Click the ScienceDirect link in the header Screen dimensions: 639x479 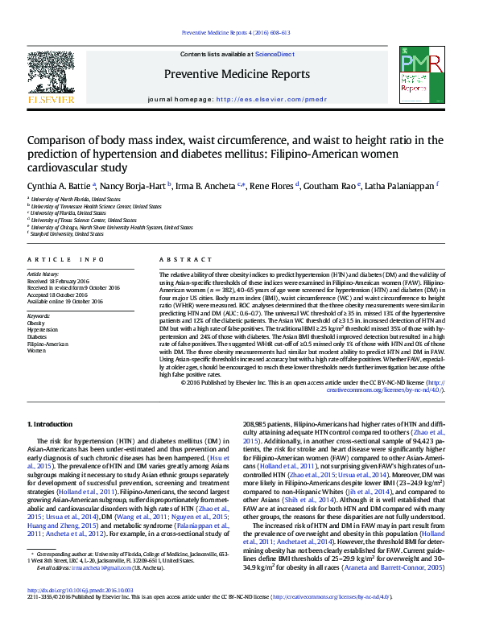tap(275, 53)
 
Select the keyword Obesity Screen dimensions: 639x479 tap(38, 323)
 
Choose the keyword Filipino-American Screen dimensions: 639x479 tap(48, 344)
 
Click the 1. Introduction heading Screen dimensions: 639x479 tap(51, 424)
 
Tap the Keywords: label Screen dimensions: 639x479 tap(39, 315)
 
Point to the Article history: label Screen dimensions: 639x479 tap(44, 274)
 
